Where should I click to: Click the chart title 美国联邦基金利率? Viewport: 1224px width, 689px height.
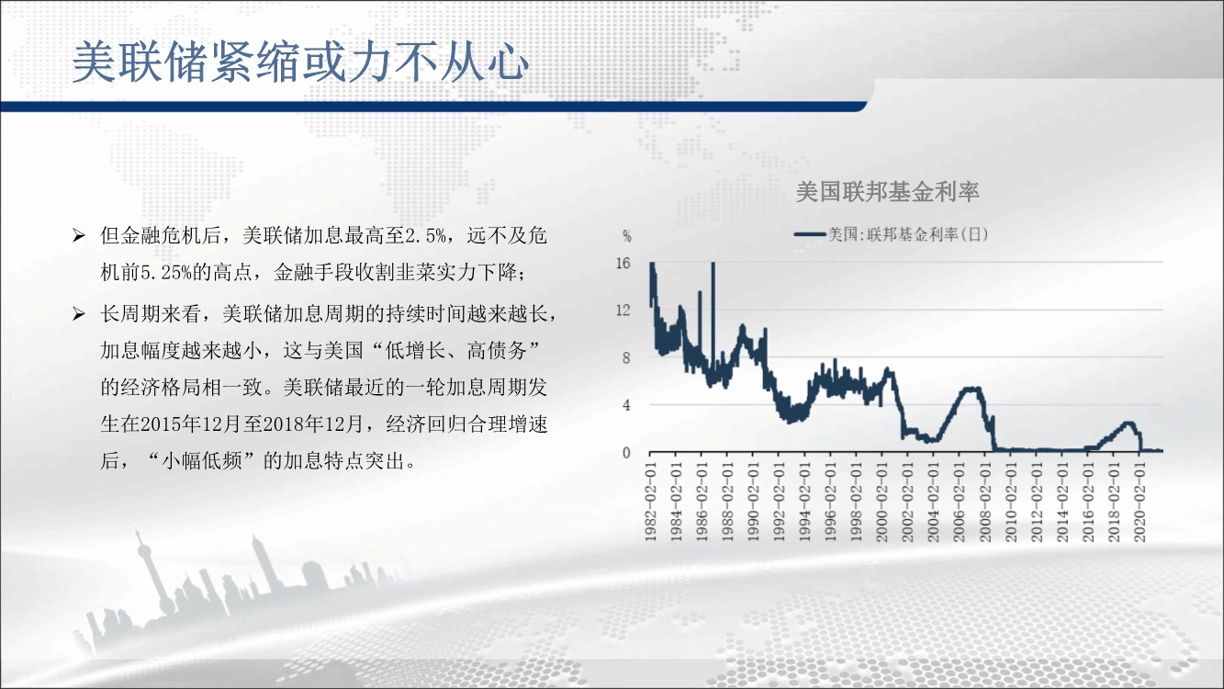tap(887, 191)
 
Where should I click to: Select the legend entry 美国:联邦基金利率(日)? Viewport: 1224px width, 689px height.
tap(892, 234)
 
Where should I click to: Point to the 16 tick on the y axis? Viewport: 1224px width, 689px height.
tap(623, 263)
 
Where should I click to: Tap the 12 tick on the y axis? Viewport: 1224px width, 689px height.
tap(623, 311)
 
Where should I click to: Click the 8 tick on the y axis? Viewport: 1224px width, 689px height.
tap(626, 358)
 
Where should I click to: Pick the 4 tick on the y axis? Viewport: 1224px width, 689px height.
tap(626, 405)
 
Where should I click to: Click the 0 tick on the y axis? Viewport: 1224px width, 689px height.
tap(626, 453)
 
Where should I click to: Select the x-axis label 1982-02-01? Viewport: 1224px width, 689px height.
tap(650, 503)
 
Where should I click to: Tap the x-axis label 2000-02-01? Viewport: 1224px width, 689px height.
tap(882, 503)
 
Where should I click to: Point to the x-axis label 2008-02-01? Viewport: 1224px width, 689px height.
tap(985, 503)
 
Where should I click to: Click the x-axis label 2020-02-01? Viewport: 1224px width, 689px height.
tap(1140, 503)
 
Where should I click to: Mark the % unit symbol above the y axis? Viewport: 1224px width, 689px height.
tap(627, 236)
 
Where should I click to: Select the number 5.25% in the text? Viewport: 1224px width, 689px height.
tap(166, 272)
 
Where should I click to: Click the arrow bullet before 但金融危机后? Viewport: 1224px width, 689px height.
tap(79, 236)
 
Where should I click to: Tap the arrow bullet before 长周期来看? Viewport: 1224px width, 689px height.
tap(79, 314)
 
